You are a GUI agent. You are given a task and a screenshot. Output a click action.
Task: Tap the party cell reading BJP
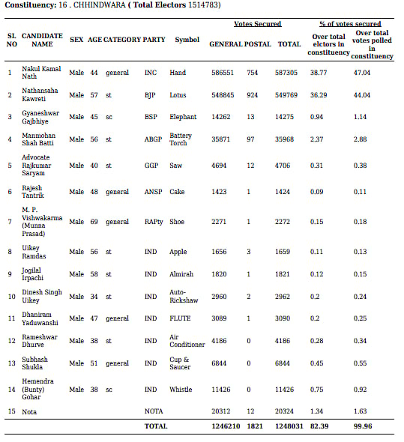click(x=151, y=95)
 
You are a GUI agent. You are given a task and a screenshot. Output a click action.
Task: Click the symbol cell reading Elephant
click(x=183, y=117)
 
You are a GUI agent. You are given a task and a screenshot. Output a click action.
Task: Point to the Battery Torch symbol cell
click(x=181, y=139)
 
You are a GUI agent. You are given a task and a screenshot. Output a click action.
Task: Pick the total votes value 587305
click(x=289, y=73)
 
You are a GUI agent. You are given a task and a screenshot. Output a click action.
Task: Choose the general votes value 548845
click(x=225, y=95)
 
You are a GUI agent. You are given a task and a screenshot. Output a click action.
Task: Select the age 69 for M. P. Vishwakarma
click(x=94, y=222)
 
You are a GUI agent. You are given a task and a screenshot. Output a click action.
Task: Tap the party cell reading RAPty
click(x=154, y=222)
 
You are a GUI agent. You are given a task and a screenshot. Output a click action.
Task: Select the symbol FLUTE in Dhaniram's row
click(x=180, y=318)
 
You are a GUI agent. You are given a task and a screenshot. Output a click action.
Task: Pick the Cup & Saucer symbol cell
click(x=181, y=363)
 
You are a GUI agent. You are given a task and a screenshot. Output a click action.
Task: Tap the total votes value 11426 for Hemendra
click(x=289, y=390)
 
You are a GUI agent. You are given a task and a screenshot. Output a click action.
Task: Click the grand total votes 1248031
click(x=289, y=426)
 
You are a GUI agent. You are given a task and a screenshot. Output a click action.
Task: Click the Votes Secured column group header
click(x=257, y=24)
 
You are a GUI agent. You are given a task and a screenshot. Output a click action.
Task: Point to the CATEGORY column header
click(x=121, y=39)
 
